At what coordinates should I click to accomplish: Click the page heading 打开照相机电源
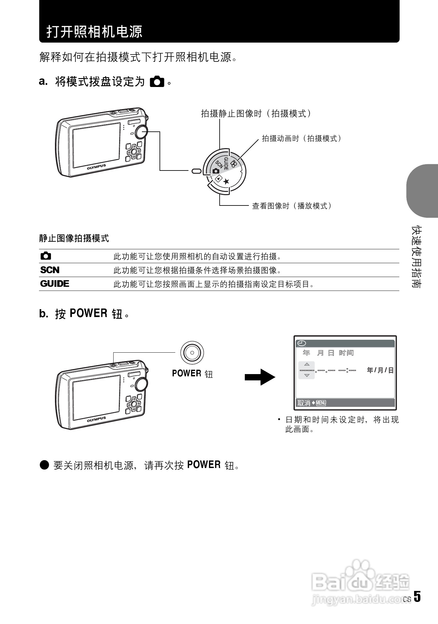click(94, 31)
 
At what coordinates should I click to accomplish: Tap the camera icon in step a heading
click(157, 82)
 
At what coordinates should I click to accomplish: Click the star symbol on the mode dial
click(227, 181)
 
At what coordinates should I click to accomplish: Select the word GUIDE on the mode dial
click(226, 163)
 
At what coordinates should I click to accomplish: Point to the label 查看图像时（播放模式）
click(292, 206)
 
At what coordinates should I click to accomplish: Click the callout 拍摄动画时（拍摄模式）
click(301, 138)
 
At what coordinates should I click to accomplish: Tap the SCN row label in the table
click(50, 270)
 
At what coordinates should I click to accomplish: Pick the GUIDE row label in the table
click(55, 284)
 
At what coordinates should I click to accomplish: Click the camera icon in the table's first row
click(46, 256)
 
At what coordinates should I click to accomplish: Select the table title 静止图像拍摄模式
click(74, 238)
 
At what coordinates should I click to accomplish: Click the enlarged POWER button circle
click(192, 353)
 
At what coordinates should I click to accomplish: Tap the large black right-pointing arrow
click(260, 377)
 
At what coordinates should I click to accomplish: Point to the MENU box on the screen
click(321, 403)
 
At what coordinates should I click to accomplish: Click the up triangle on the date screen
click(307, 364)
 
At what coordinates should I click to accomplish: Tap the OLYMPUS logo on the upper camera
click(96, 167)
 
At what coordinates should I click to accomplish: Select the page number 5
click(417, 597)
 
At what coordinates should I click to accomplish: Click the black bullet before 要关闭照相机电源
click(45, 465)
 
